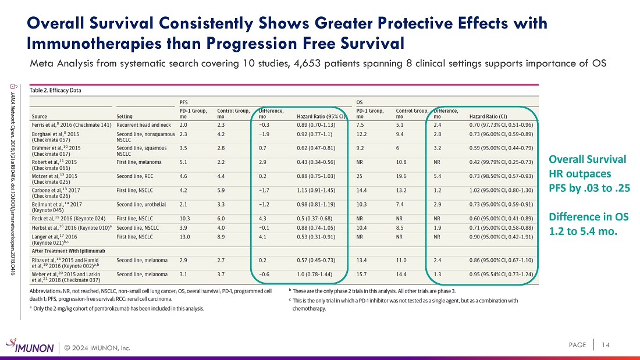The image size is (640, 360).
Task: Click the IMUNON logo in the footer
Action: point(30,345)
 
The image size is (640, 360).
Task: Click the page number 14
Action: point(605,345)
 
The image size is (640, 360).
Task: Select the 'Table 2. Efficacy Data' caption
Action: point(55,90)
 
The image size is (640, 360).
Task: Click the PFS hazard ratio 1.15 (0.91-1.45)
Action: point(316,190)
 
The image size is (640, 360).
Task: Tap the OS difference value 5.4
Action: point(437,176)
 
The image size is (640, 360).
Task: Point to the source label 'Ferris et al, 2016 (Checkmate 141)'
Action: point(72,125)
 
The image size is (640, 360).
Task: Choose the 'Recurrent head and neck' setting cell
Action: point(144,125)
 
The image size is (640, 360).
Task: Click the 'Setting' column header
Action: point(124,116)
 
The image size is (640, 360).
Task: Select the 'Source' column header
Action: point(39,116)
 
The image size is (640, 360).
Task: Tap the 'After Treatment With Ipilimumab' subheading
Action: point(69,251)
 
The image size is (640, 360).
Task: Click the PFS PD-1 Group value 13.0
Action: point(184,237)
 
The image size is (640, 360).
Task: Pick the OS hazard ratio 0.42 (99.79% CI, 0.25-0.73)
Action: point(501,162)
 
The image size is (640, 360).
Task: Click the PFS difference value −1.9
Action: point(264,134)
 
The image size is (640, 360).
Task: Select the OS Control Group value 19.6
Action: point(401,176)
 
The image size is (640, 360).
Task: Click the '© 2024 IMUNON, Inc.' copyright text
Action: point(97,348)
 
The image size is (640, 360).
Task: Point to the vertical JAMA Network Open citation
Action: point(13,180)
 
